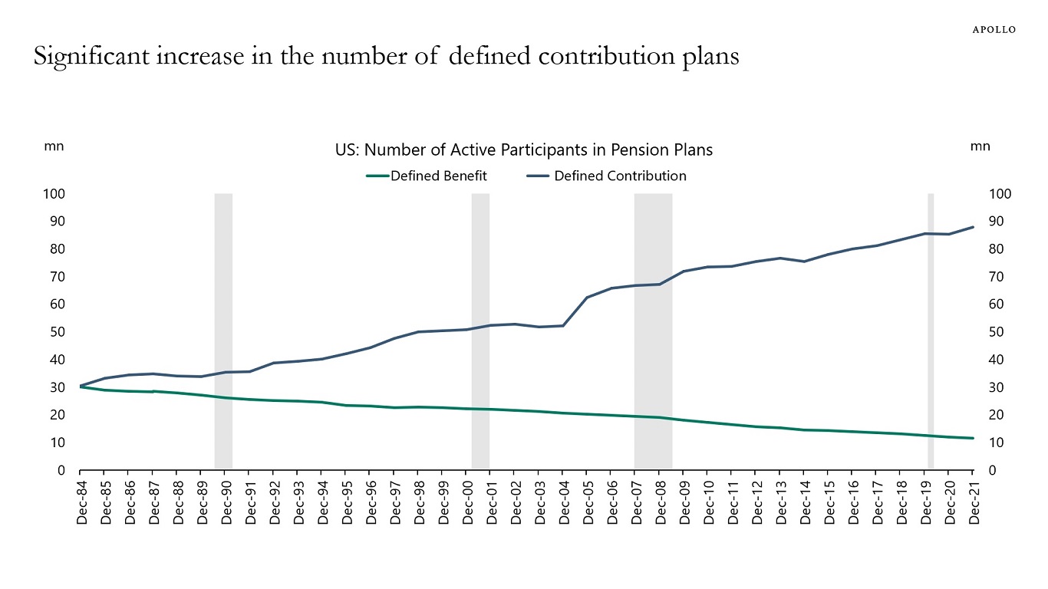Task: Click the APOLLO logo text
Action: (x=994, y=30)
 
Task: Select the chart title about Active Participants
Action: (x=524, y=150)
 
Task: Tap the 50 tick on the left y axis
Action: (x=57, y=332)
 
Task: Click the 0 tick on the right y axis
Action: (x=993, y=470)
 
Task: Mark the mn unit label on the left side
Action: (x=54, y=146)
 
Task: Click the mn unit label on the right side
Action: (x=980, y=146)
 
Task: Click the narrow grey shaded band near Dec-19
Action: (x=931, y=330)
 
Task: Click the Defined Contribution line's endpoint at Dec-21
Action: (x=973, y=227)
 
